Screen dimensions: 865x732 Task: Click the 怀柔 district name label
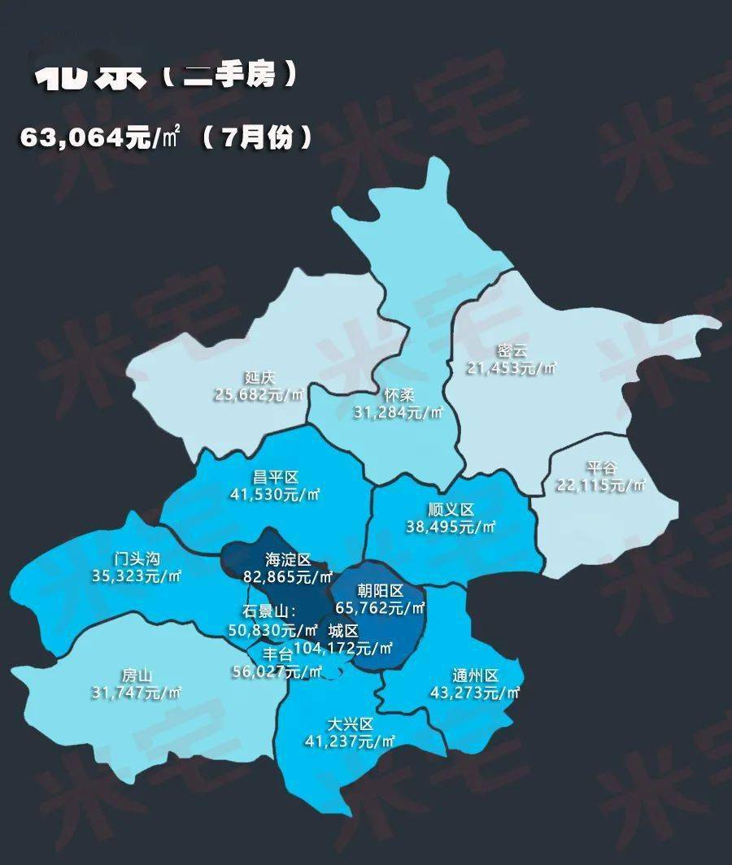[400, 396]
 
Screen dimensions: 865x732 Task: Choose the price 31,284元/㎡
[400, 412]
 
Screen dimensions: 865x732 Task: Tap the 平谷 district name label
[602, 469]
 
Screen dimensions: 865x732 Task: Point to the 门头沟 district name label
[137, 559]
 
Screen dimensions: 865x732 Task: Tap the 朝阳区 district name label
[381, 591]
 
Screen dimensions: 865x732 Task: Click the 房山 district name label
[137, 676]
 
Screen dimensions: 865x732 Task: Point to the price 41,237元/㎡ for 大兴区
[350, 741]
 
